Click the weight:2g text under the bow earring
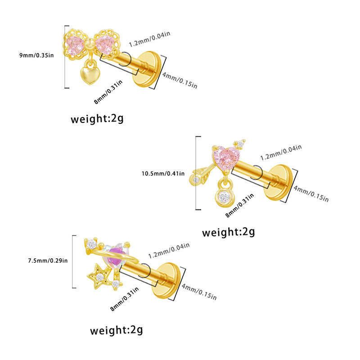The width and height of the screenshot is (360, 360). click(97, 119)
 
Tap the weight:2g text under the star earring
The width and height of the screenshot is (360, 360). click(117, 331)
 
